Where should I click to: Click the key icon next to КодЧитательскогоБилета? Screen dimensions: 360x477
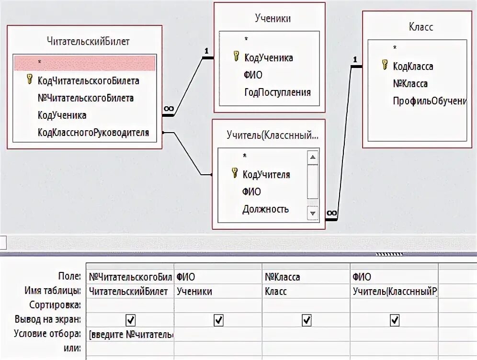[x=30, y=79]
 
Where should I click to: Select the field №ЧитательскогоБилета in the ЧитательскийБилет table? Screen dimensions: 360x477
[x=86, y=98]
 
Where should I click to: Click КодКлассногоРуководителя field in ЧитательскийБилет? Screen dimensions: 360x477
[x=93, y=133]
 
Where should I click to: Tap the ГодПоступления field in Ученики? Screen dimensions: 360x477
[x=277, y=92]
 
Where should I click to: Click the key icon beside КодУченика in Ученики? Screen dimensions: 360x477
[x=236, y=57]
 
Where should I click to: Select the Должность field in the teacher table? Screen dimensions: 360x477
[x=265, y=209]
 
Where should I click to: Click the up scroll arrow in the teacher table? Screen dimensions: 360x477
[x=313, y=157]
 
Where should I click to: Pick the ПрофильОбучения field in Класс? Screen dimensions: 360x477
[x=429, y=101]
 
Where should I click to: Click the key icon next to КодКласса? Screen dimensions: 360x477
[x=385, y=66]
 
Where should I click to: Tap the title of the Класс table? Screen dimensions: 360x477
[x=421, y=27]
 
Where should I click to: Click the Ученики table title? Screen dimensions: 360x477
[x=273, y=19]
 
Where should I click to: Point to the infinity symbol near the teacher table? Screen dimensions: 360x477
[x=331, y=214]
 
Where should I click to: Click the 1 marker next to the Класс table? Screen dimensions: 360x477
[x=355, y=59]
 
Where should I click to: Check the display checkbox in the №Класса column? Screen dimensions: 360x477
[x=307, y=320]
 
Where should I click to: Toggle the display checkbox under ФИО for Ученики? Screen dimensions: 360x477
[x=218, y=320]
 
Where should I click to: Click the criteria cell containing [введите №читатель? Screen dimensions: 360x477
[x=131, y=334]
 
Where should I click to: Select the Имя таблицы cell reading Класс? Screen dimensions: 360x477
[x=275, y=291]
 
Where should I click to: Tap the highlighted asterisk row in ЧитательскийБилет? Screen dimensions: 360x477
[x=84, y=63]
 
